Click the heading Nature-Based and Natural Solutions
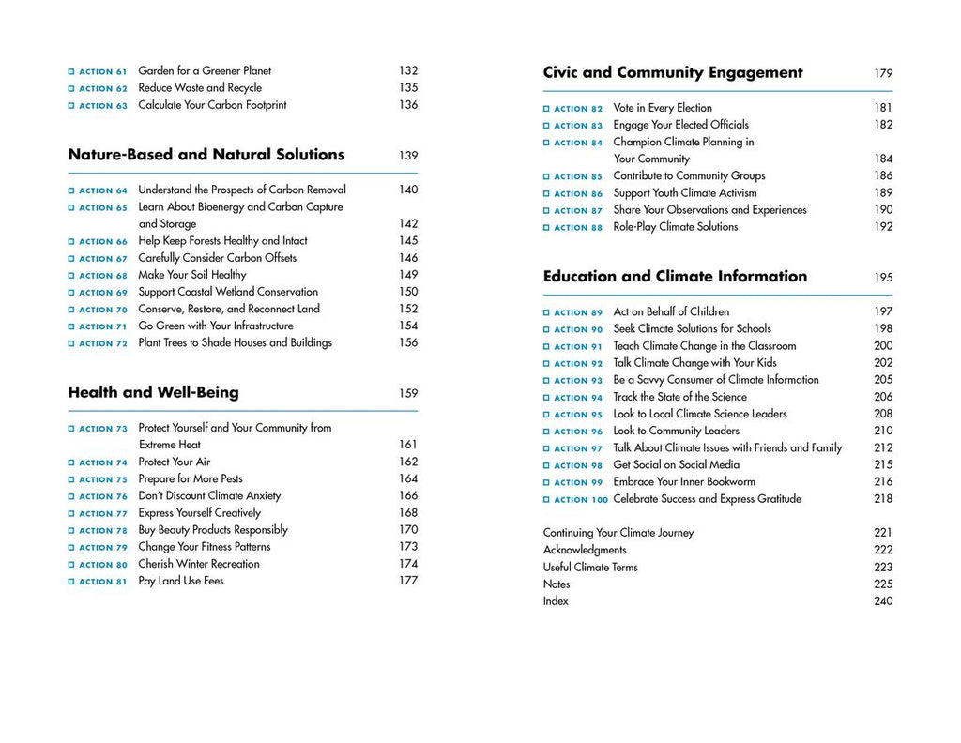(x=206, y=155)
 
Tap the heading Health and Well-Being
(x=153, y=392)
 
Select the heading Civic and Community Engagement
(x=673, y=72)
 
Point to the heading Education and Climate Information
(x=675, y=276)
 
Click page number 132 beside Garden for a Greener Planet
(x=407, y=70)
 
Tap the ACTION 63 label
(x=103, y=106)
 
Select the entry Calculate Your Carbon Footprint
(x=212, y=105)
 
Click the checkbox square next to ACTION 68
(x=71, y=276)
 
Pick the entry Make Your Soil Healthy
(x=192, y=275)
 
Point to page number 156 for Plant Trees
(x=407, y=342)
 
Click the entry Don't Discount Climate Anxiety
(x=209, y=495)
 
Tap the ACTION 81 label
(x=103, y=582)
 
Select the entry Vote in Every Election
(x=663, y=108)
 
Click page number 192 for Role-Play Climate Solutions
(x=883, y=227)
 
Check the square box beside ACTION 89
(x=546, y=312)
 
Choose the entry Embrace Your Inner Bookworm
(x=684, y=481)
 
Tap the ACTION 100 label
(x=581, y=500)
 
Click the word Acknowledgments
(x=585, y=550)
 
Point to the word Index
(x=556, y=600)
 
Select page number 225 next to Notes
(x=883, y=584)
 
